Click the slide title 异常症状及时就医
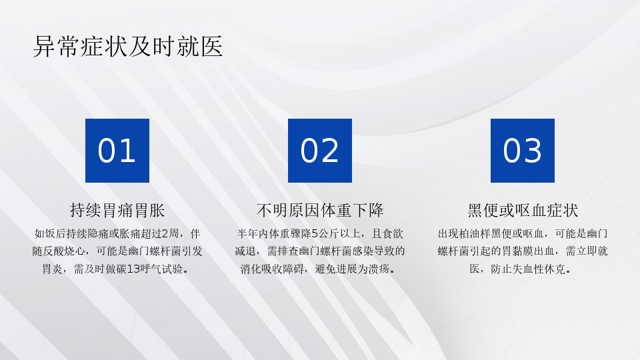pos(128,46)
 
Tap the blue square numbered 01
pos(117,151)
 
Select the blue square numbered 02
pos(320,151)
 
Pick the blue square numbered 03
pos(523,151)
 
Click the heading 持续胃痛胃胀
pos(117,210)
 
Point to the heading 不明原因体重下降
pos(320,210)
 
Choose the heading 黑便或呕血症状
pos(523,210)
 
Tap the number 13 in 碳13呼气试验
pos(133,269)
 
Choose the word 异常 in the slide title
pos(56,46)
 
